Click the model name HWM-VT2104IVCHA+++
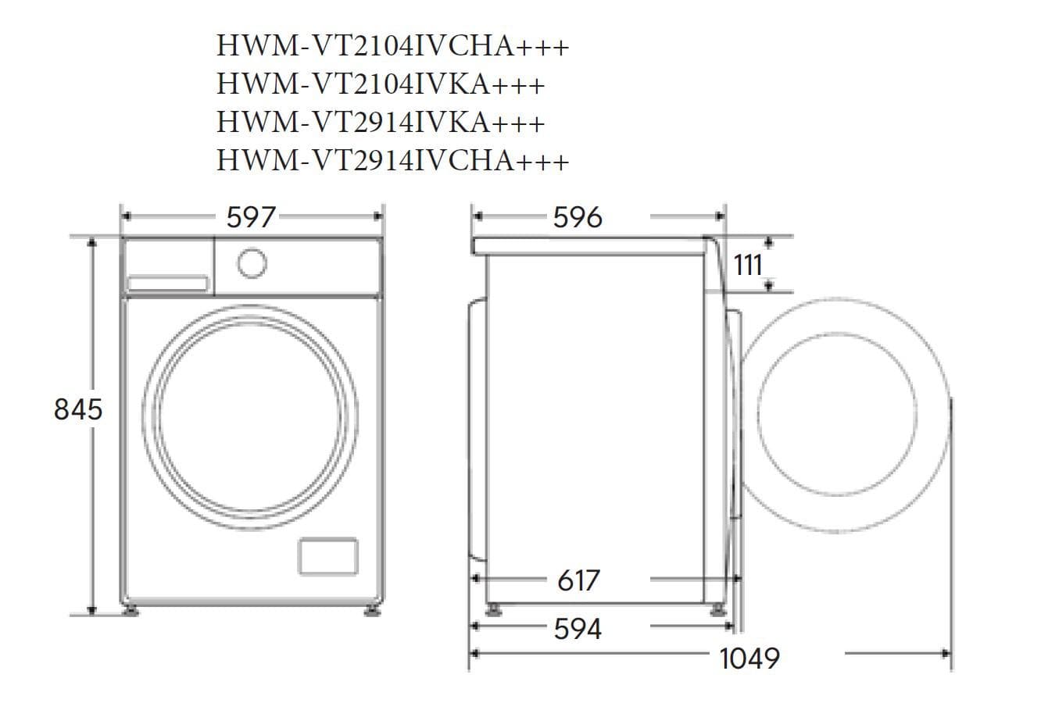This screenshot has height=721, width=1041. (392, 46)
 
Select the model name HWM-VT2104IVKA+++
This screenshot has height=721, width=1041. (380, 84)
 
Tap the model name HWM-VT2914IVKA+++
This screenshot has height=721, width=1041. (380, 123)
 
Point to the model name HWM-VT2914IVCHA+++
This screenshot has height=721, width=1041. (392, 161)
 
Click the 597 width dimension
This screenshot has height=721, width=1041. (251, 216)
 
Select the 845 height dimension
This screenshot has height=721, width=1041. (77, 409)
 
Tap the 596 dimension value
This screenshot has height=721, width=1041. (578, 217)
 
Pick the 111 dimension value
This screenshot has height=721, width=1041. (748, 266)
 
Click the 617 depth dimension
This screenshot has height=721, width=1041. (578, 580)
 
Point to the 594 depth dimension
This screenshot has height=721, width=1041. (578, 628)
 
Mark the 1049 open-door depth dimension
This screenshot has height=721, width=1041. (749, 658)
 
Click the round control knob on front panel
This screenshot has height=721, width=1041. (252, 262)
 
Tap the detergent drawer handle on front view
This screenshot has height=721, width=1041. (167, 283)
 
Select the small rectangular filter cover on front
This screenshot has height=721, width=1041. (328, 556)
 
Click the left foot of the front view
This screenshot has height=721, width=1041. (130, 609)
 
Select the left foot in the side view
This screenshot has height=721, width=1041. (493, 609)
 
